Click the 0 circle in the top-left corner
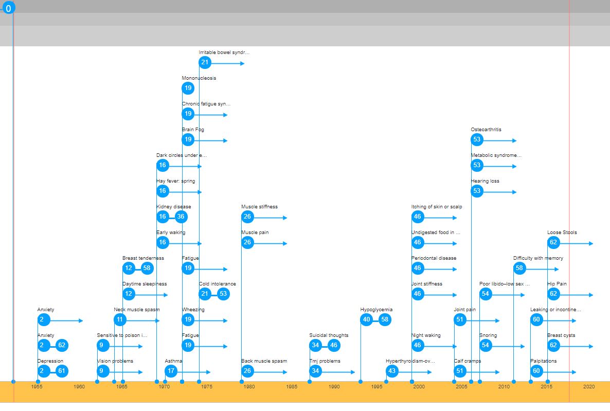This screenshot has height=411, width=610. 8,8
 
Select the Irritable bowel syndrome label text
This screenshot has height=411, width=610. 224,52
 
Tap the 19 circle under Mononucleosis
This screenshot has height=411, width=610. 188,88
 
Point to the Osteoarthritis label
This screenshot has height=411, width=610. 486,130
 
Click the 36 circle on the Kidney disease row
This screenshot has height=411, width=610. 181,217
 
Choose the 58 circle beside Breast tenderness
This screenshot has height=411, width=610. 147,268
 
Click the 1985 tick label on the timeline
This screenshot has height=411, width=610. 292,386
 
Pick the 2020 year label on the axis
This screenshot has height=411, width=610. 589,386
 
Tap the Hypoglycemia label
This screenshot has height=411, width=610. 376,310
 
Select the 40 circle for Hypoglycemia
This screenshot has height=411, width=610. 366,319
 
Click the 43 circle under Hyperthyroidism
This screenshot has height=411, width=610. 392,371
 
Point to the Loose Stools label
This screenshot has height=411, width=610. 562,233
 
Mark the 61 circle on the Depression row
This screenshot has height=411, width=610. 62,371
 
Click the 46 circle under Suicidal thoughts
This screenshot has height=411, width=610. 334,345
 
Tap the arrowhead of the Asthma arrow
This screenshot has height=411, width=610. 208,371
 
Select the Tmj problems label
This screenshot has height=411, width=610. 325,361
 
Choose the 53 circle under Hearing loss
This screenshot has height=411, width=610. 477,191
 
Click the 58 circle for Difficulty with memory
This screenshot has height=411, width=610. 519,268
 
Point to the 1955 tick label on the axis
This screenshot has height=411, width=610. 37,386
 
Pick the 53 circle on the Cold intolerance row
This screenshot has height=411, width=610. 223,294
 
